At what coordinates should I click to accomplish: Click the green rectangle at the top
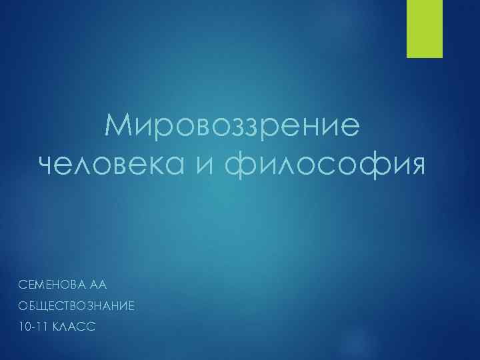(x=423, y=28)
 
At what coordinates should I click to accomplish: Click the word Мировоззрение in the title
(x=231, y=125)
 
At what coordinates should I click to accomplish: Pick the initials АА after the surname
(x=98, y=285)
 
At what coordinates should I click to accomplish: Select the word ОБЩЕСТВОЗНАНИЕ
(x=67, y=306)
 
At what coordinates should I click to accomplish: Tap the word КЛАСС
(x=74, y=327)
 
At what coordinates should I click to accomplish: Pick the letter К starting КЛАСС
(x=55, y=327)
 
